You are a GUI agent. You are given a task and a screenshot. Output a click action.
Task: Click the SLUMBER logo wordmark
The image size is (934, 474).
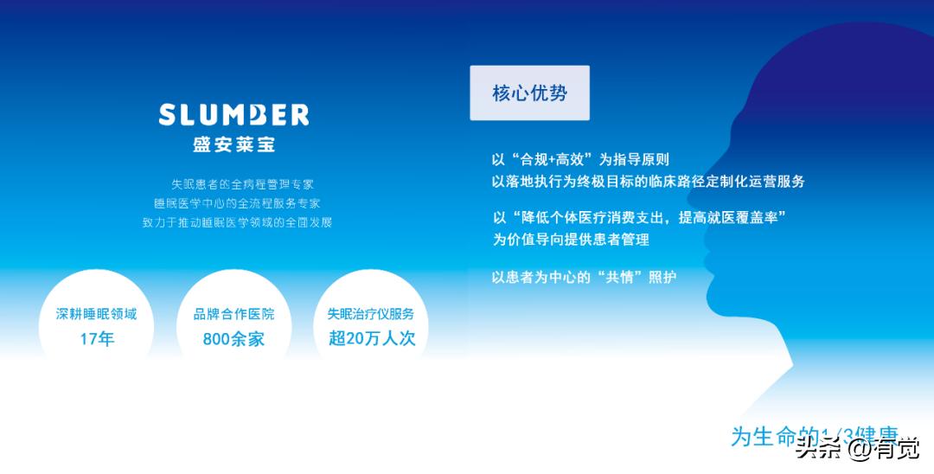click(233, 115)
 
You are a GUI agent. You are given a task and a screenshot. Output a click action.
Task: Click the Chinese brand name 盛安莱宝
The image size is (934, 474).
click(233, 144)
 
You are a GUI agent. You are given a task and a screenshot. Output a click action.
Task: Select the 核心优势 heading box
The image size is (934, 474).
click(529, 93)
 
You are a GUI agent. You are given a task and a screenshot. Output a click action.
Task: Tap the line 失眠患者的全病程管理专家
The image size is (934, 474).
click(242, 184)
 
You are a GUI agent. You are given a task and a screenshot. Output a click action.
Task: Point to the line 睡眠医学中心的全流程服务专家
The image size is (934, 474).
click(237, 203)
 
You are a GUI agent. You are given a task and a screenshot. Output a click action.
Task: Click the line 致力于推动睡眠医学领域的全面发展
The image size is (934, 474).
click(237, 222)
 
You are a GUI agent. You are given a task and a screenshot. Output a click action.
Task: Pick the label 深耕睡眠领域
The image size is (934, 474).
click(97, 314)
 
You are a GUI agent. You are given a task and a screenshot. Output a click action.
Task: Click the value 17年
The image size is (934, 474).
click(97, 339)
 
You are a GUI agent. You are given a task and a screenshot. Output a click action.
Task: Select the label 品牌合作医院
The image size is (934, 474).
click(233, 314)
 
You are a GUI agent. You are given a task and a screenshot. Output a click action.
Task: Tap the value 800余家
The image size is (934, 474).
click(233, 339)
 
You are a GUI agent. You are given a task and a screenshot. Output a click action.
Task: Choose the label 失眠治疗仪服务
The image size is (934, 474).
click(371, 314)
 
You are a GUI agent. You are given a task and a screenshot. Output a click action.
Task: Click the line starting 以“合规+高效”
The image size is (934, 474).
click(580, 160)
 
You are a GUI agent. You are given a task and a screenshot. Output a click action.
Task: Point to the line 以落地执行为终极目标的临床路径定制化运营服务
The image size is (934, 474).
click(648, 182)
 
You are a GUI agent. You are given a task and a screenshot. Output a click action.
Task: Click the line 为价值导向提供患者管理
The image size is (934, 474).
click(571, 240)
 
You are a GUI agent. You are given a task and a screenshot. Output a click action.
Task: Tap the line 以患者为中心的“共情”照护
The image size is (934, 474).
click(584, 278)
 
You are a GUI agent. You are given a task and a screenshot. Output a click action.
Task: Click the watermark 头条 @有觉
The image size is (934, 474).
click(858, 448)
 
